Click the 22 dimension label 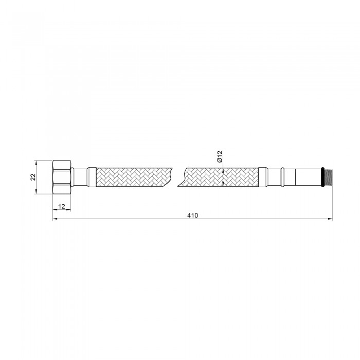[x=33, y=177]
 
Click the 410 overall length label [x=192, y=215]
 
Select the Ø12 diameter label [x=220, y=156]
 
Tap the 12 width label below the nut [x=62, y=206]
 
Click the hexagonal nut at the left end [x=62, y=177]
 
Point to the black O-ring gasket [x=322, y=177]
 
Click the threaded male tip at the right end [x=328, y=177]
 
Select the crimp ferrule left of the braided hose [x=92, y=177]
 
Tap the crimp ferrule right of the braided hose [x=263, y=177]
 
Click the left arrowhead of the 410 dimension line [x=55, y=219]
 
